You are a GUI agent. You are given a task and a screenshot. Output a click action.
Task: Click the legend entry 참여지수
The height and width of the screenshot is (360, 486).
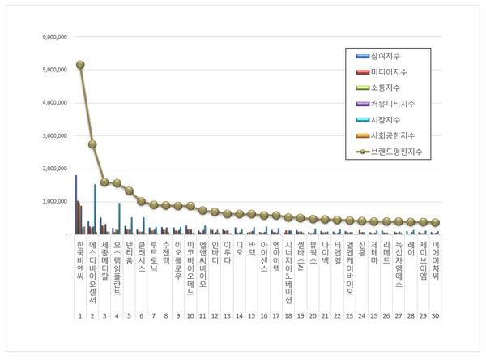(x=384, y=56)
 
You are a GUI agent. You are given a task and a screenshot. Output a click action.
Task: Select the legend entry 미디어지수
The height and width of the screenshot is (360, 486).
(x=386, y=72)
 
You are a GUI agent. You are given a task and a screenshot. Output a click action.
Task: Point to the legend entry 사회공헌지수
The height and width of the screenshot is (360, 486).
(x=389, y=135)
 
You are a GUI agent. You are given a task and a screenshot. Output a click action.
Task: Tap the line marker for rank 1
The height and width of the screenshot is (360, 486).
(x=80, y=65)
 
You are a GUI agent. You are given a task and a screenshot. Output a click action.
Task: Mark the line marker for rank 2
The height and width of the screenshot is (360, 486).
(x=92, y=144)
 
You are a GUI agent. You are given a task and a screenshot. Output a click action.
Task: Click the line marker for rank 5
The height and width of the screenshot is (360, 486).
(x=129, y=191)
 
